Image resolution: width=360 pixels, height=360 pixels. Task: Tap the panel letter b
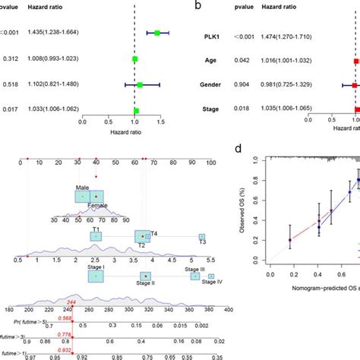(197, 5)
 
